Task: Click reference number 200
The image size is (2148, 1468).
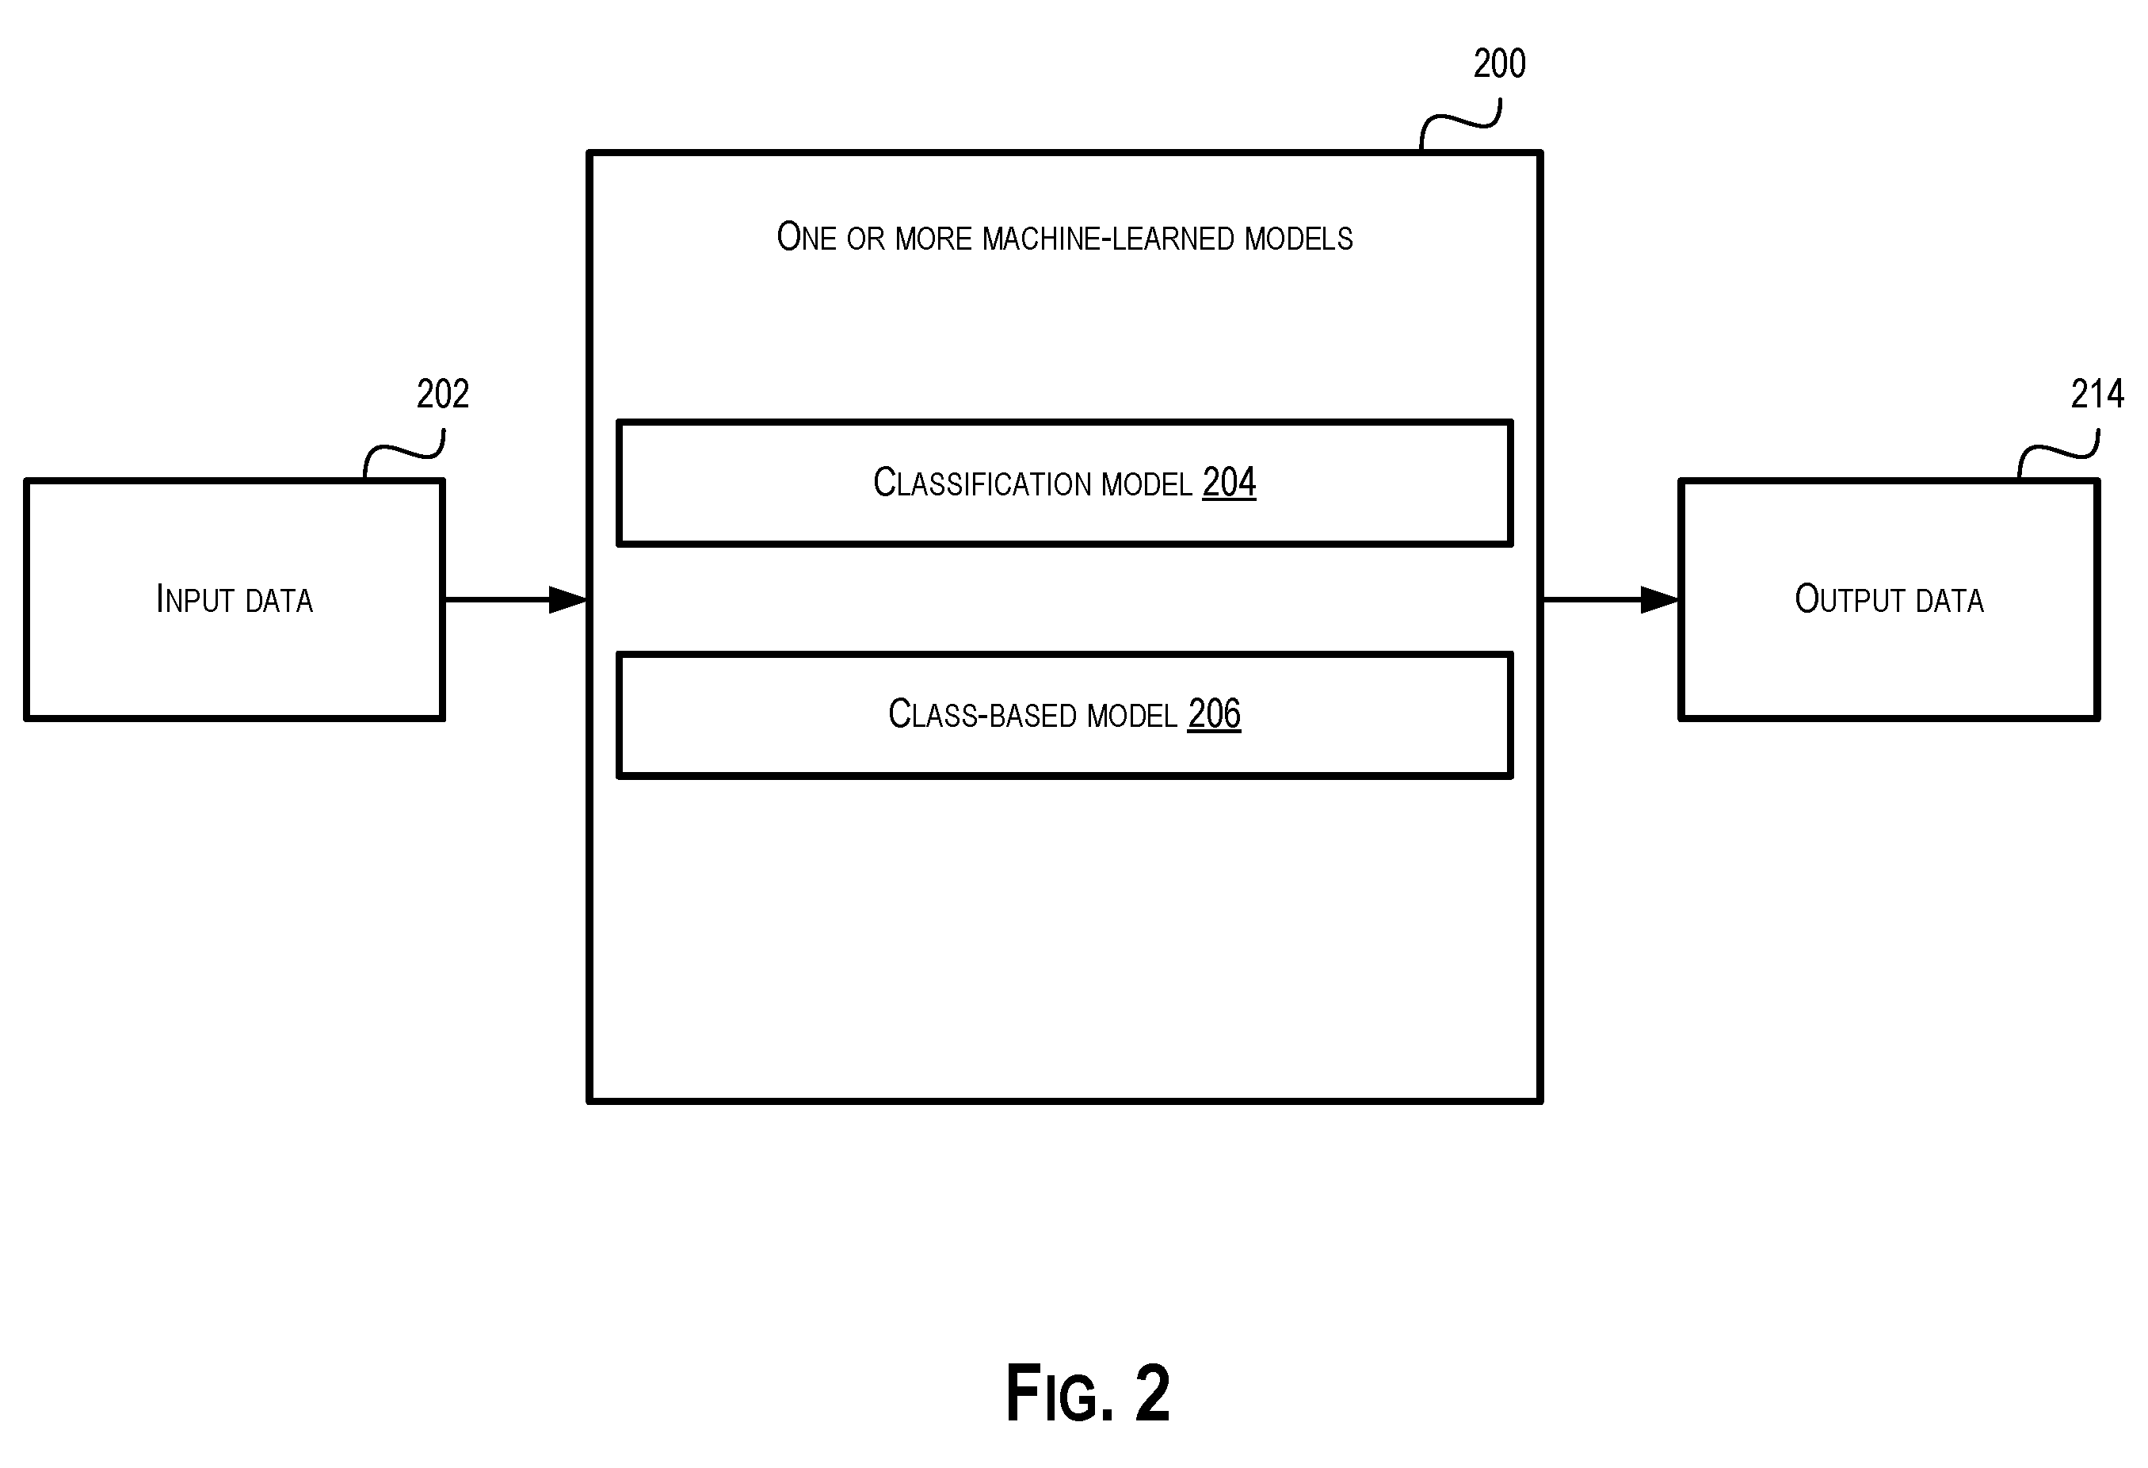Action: (x=1499, y=63)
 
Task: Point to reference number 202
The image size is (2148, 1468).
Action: (x=443, y=395)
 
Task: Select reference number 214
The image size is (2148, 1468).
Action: (x=2097, y=395)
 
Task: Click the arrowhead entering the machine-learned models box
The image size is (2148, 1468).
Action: (x=568, y=600)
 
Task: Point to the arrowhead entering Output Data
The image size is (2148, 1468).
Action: (x=1660, y=600)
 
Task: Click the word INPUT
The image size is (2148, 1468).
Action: (x=195, y=599)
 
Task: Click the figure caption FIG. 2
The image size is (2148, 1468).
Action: (x=1088, y=1393)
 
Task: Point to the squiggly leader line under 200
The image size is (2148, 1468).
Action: (x=1460, y=122)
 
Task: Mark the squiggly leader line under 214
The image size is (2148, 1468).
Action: (x=2058, y=453)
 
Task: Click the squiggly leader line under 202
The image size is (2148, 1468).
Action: (x=404, y=453)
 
